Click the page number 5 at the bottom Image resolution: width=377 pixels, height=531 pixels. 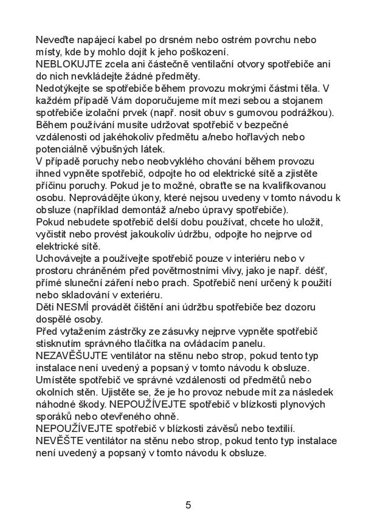click(188, 505)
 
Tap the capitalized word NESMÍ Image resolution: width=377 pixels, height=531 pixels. click(73, 307)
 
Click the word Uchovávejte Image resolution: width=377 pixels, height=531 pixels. click(66, 258)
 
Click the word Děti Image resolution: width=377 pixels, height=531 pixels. click(46, 307)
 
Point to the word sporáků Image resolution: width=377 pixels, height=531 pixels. click(58, 416)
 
